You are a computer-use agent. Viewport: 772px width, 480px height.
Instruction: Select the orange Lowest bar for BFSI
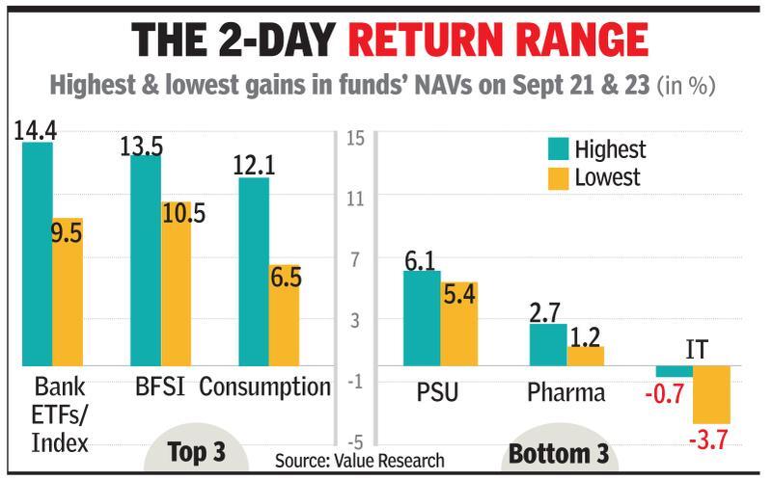(176, 298)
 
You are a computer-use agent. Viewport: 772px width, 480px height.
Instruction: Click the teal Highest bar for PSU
(421, 318)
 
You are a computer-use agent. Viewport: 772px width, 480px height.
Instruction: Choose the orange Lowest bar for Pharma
(585, 356)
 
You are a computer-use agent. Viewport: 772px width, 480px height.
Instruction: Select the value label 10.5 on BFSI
(183, 213)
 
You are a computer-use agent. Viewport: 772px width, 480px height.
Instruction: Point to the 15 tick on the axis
(354, 138)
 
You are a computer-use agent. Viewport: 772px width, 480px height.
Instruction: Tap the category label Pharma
(566, 393)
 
